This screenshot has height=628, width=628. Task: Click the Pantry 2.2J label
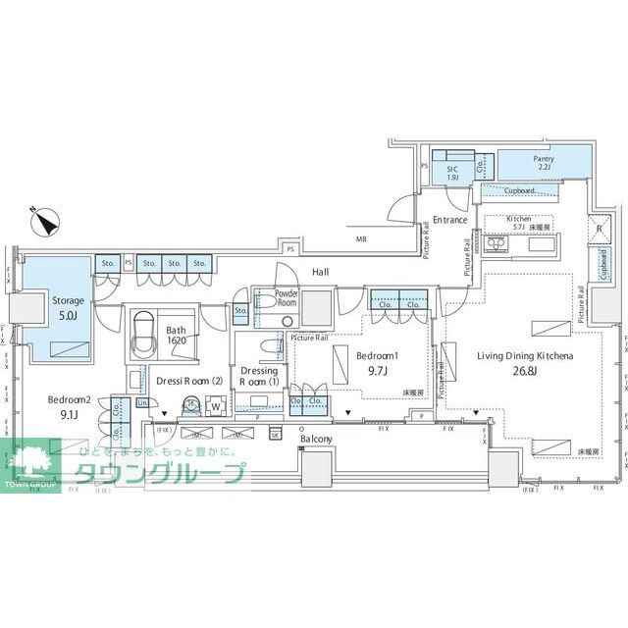point(544,164)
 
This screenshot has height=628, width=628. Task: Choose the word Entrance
point(450,220)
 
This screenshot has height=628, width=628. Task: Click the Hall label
point(320,271)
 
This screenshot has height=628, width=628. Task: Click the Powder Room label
point(287,298)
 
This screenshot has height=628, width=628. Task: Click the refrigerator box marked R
point(599,231)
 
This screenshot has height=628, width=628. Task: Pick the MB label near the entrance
point(360,238)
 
